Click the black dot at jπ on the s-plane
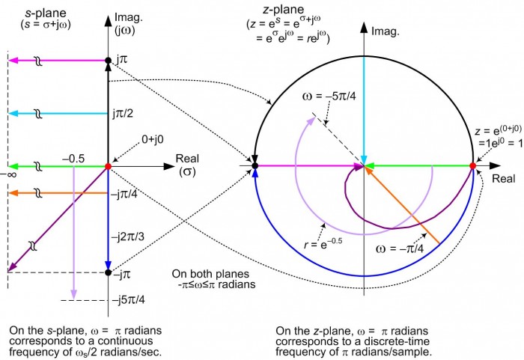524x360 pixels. [x=108, y=61]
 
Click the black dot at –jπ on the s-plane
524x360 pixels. [x=108, y=272]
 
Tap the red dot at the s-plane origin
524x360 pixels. [x=108, y=166]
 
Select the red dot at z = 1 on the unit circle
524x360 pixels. [x=472, y=166]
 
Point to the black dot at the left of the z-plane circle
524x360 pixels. [x=255, y=166]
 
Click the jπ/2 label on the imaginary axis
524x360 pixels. [x=123, y=114]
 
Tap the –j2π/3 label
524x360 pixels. [x=128, y=237]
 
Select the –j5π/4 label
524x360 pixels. [x=129, y=300]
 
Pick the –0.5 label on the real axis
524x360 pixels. [x=73, y=159]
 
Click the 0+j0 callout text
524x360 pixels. [x=153, y=139]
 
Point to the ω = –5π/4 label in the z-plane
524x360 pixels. [x=329, y=97]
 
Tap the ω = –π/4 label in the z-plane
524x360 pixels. [x=400, y=249]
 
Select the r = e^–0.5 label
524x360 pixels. [x=323, y=243]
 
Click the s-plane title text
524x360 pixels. [x=46, y=19]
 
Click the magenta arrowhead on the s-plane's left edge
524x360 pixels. [x=13, y=61]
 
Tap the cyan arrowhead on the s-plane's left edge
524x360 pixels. [x=13, y=114]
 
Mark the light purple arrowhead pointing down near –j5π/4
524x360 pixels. [x=73, y=294]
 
